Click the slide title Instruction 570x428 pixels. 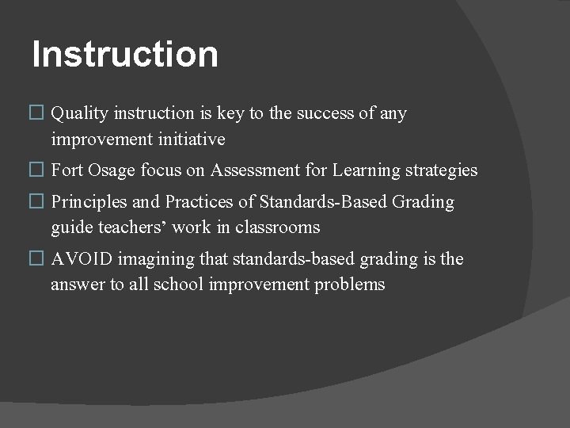point(125,55)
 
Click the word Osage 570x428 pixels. point(110,170)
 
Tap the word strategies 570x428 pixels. point(441,170)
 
